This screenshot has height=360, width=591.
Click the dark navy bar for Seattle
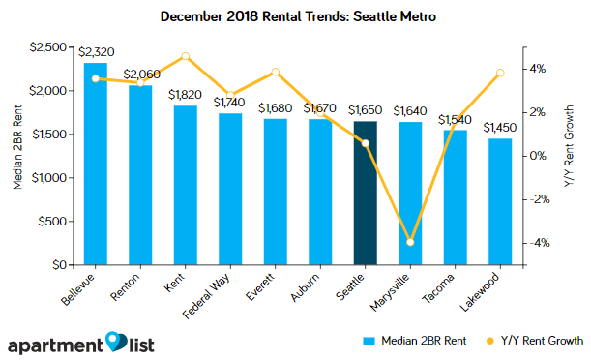click(365, 193)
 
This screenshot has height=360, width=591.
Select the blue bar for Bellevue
click(96, 164)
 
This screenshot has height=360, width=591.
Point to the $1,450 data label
click(499, 127)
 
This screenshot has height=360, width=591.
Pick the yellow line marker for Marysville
click(410, 242)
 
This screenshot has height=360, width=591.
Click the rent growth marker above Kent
click(186, 56)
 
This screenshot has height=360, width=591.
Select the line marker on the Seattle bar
click(365, 143)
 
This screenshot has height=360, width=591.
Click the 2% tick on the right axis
click(537, 112)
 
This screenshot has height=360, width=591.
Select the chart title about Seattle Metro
click(294, 16)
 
